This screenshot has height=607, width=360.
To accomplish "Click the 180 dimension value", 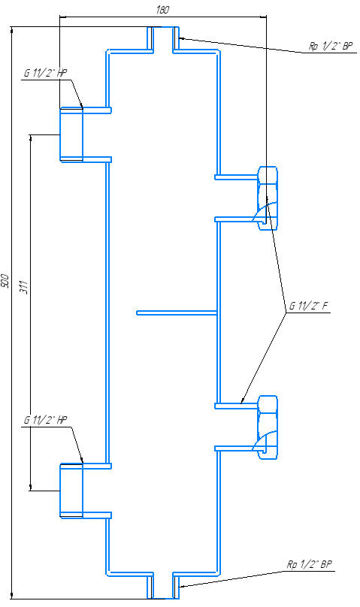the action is click(x=162, y=10).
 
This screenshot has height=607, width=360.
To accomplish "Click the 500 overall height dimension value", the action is click(x=5, y=280).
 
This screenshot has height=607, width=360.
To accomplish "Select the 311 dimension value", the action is click(x=24, y=287).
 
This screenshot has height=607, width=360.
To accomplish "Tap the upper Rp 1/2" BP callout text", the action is click(x=331, y=47).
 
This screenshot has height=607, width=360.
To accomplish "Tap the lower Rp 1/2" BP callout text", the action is click(x=310, y=564).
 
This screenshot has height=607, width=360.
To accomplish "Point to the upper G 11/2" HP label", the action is click(x=45, y=74).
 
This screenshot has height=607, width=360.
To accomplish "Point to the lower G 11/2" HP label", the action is click(x=45, y=420).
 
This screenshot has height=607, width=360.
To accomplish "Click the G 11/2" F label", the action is click(x=308, y=307).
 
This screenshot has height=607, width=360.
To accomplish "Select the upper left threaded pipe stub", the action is click(x=71, y=134).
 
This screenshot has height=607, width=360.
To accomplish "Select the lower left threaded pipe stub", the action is click(x=71, y=490).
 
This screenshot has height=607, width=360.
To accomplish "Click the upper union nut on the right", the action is click(x=268, y=198).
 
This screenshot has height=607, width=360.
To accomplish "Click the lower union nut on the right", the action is click(x=268, y=427).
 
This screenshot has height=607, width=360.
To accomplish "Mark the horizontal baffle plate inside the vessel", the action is click(x=176, y=313).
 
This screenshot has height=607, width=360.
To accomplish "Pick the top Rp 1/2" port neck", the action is click(x=162, y=39).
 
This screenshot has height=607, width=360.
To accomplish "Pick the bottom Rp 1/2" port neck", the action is click(x=162, y=586).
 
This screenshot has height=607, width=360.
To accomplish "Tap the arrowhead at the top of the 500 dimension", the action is click(x=12, y=30).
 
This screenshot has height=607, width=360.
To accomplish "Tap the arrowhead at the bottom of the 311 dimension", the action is click(x=31, y=487).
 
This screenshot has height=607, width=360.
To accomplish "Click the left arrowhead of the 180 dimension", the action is click(x=64, y=17).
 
